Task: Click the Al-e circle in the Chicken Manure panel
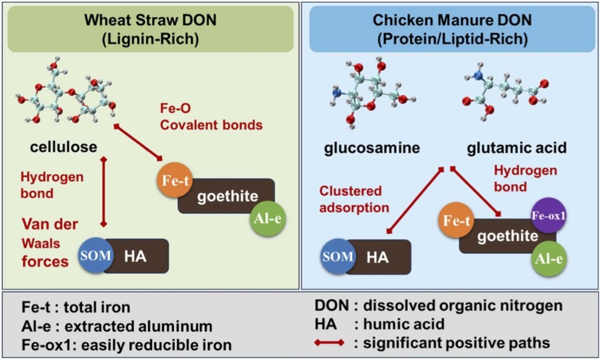point(549,258)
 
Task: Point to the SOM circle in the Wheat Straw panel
point(96,256)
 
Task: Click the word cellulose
point(63,147)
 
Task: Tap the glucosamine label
point(372,148)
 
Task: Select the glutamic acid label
point(516,148)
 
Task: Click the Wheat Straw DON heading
point(150,29)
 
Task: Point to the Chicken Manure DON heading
point(452,29)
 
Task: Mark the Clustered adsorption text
point(353,199)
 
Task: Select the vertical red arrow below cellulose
point(105,192)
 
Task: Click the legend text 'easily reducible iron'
point(156,344)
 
